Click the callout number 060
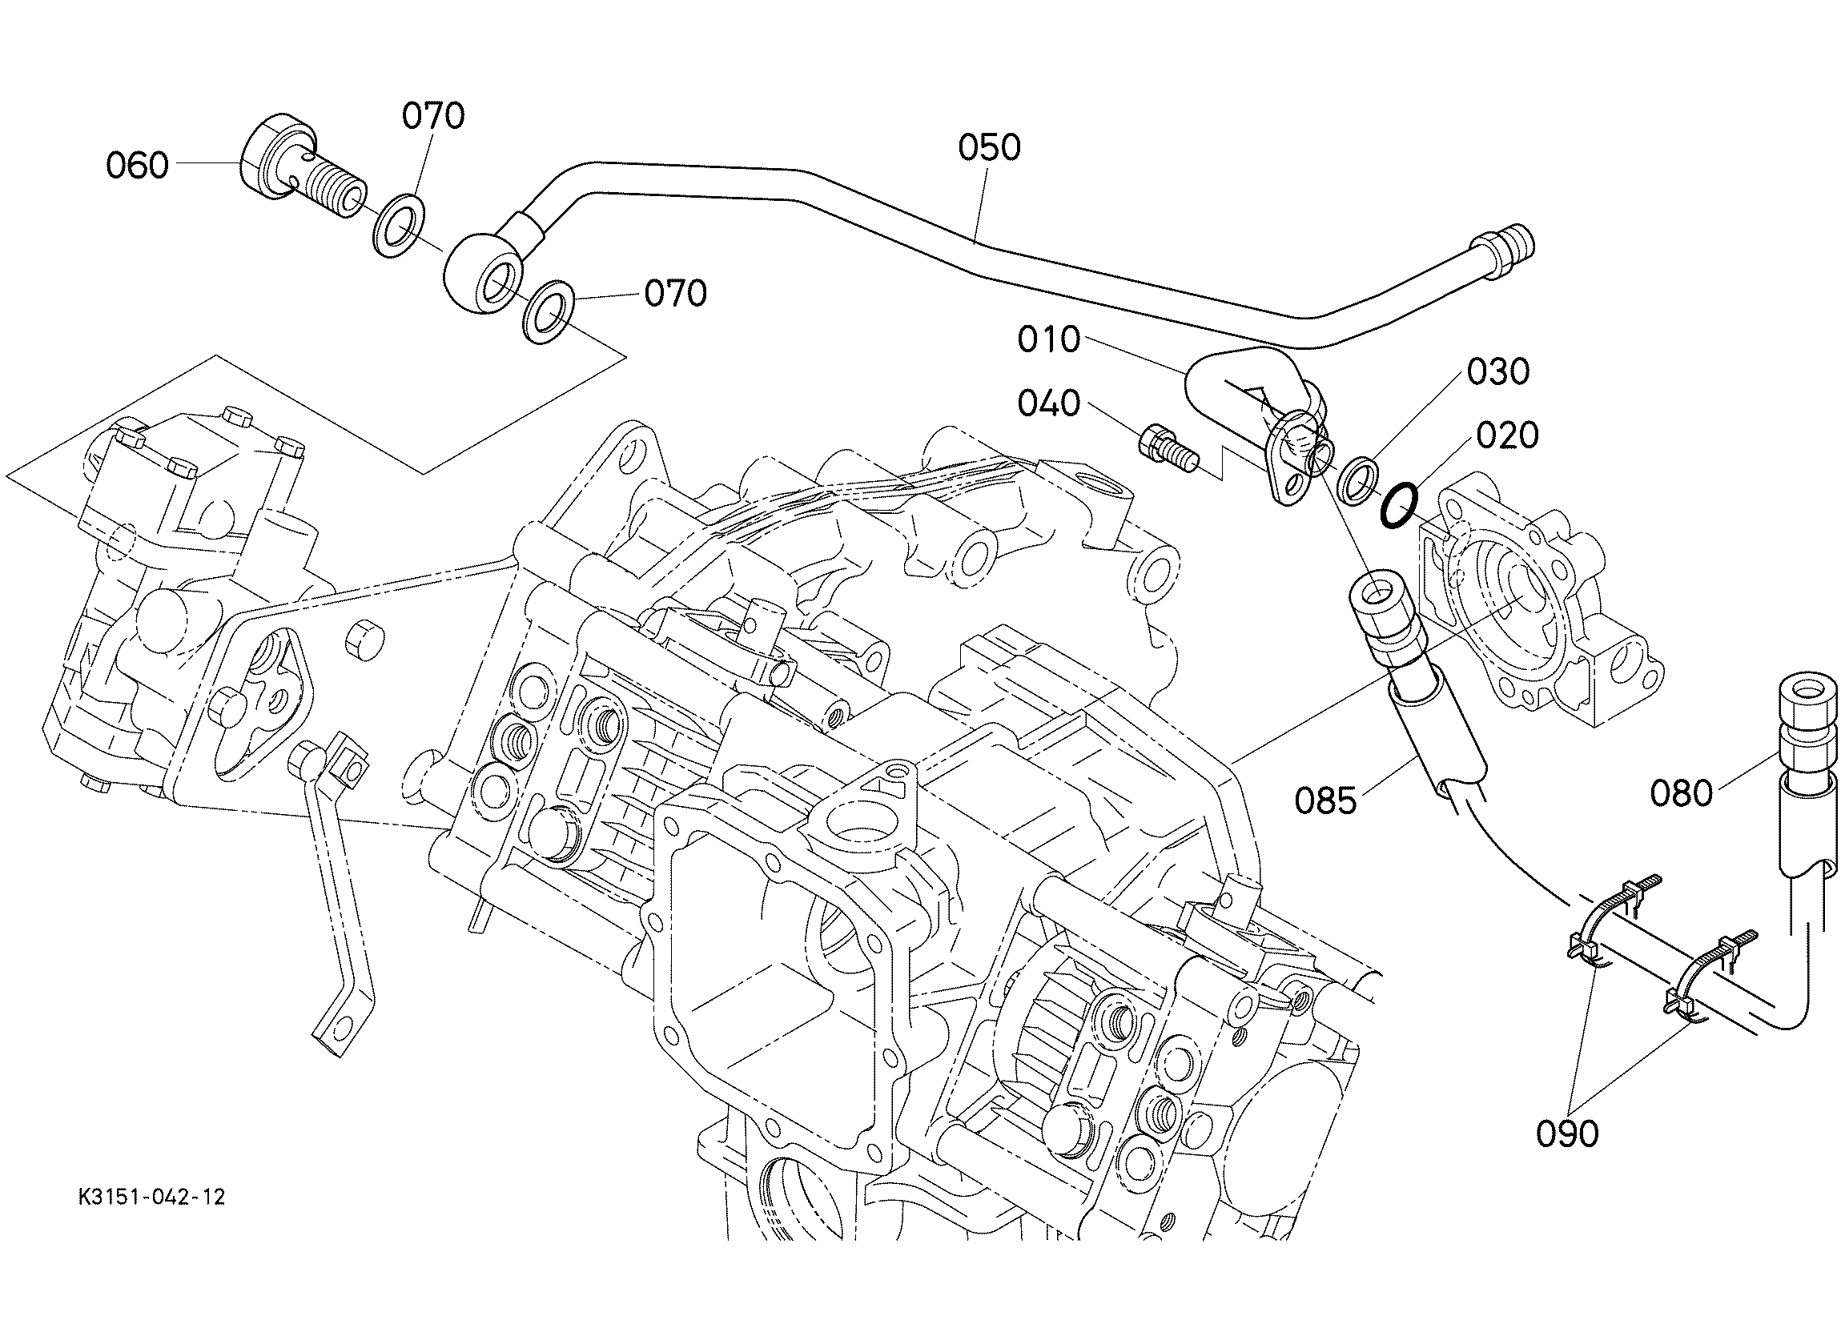137,166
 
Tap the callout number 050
990,148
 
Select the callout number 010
1049,339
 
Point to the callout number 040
1049,403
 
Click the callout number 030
1498,371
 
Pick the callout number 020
1507,436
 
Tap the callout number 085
1325,801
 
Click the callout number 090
1567,1134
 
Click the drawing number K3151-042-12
152,1198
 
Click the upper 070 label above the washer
433,116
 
